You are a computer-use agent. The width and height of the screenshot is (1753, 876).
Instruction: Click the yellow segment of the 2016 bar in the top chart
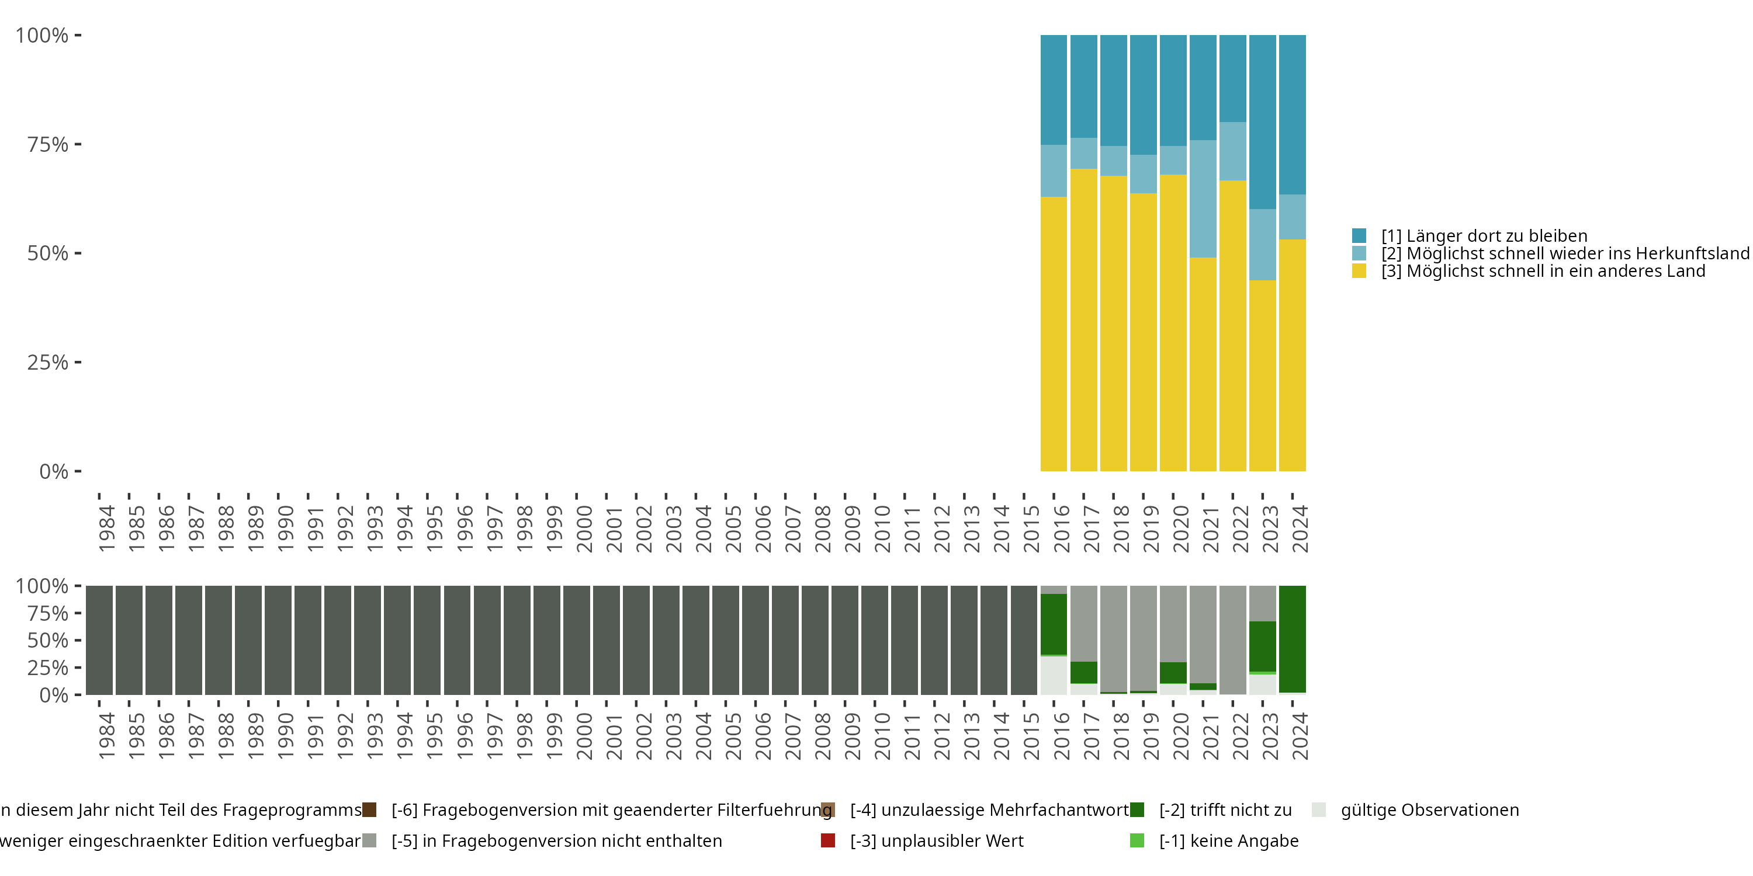[1054, 333]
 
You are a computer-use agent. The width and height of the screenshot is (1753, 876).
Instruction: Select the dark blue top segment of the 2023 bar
[1262, 123]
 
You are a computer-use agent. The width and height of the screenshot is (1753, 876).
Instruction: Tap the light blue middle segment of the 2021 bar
[1203, 199]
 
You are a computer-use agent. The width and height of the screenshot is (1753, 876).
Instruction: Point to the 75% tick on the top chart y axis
[78, 144]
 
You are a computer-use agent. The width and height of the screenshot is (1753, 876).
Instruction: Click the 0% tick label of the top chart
[53, 471]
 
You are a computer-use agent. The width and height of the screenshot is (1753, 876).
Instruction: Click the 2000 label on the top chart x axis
[584, 529]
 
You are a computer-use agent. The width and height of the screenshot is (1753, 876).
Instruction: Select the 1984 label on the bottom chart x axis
[107, 736]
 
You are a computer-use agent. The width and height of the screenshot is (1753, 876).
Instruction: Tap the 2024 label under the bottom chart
[1300, 736]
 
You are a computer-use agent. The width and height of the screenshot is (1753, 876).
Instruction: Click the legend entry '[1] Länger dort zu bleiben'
[1484, 236]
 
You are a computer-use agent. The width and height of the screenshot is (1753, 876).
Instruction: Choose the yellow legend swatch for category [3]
[1359, 272]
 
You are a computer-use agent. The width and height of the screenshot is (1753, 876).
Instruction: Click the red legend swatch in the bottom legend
[827, 840]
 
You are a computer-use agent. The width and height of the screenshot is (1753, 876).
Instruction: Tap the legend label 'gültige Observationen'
[1429, 810]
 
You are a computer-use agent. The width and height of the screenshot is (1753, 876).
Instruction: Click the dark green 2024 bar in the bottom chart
[1293, 639]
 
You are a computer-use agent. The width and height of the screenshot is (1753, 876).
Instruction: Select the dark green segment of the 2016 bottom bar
[1054, 624]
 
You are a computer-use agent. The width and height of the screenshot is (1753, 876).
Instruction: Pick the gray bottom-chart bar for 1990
[278, 640]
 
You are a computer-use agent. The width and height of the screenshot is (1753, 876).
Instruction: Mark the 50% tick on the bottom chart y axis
[78, 640]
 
